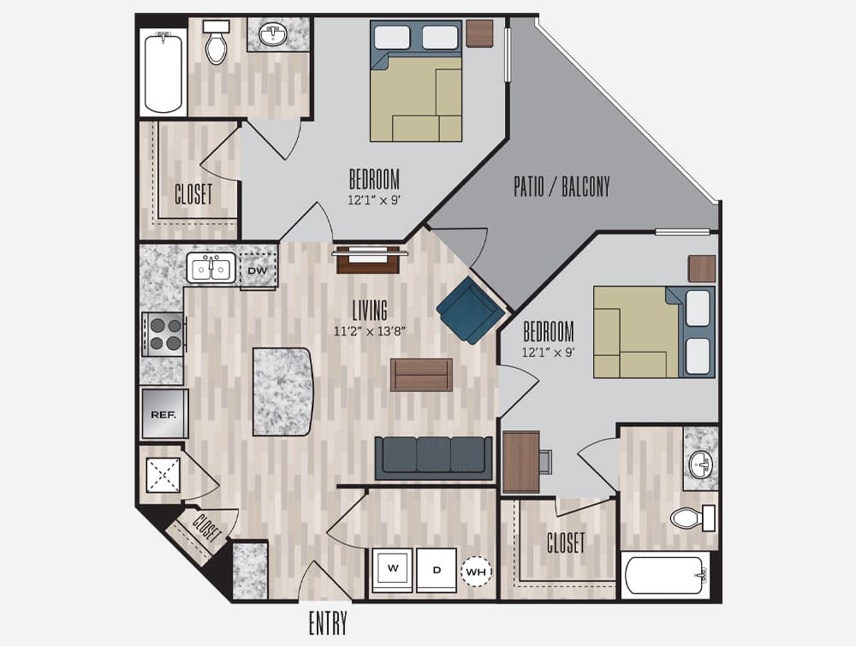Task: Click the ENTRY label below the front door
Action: [x=328, y=624]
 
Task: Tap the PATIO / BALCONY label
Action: [x=562, y=187]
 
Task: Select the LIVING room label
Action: [x=370, y=311]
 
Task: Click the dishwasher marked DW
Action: [x=258, y=270]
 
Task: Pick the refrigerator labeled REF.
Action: [x=164, y=414]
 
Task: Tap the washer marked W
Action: [x=393, y=570]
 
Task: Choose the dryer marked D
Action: [x=437, y=570]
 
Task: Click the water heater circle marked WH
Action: [x=476, y=572]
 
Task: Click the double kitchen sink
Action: [x=211, y=268]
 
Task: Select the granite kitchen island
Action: [x=282, y=392]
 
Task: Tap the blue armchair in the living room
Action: [x=469, y=310]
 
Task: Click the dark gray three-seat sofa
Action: [x=433, y=458]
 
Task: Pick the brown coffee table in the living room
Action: [x=421, y=375]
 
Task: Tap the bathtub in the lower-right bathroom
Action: [x=666, y=575]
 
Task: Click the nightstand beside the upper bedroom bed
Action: [x=479, y=34]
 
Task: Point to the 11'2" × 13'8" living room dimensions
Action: [x=370, y=330]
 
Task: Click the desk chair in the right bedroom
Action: [x=546, y=461]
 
